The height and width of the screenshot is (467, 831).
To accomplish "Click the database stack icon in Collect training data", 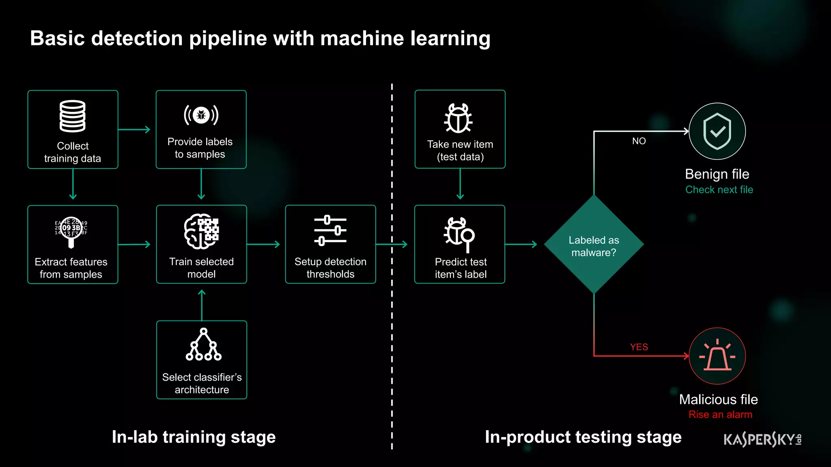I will point(73,116).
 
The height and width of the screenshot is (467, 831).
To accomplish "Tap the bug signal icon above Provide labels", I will point(201,116).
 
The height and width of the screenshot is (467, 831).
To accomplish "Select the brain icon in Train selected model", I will point(201,231).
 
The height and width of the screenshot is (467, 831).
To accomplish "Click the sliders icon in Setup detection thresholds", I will point(330,231).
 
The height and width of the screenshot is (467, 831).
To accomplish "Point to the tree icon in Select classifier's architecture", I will point(203,345).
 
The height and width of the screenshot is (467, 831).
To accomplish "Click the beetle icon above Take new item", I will point(458,118).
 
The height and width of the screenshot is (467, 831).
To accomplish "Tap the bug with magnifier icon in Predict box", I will point(459,233).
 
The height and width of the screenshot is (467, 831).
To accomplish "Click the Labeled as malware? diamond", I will point(594,245).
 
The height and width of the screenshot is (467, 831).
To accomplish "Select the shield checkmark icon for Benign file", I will point(717,131).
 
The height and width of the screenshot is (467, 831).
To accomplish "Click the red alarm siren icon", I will point(717,356).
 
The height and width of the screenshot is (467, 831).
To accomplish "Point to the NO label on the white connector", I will point(639,141).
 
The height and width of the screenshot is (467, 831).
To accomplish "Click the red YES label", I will point(639,347).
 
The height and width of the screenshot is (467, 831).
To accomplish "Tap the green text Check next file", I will point(719,190).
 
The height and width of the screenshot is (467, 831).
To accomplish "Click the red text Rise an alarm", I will point(720,415).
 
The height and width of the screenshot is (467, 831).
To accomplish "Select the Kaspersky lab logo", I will point(762,439).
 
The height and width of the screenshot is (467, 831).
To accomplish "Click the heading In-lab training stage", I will point(194,437).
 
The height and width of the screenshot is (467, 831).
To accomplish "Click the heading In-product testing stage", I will point(583,437).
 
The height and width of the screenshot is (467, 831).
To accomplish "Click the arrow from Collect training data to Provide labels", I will point(134,130).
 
